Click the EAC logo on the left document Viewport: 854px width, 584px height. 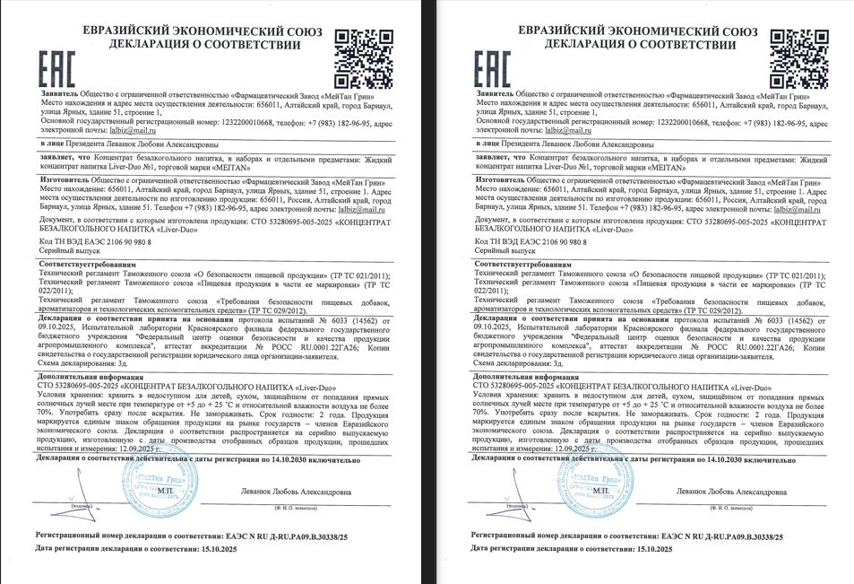pyautogui.click(x=56, y=67)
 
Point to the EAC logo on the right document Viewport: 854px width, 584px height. pyautogui.click(x=491, y=67)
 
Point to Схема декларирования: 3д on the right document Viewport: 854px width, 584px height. pyautogui.click(x=518, y=362)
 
